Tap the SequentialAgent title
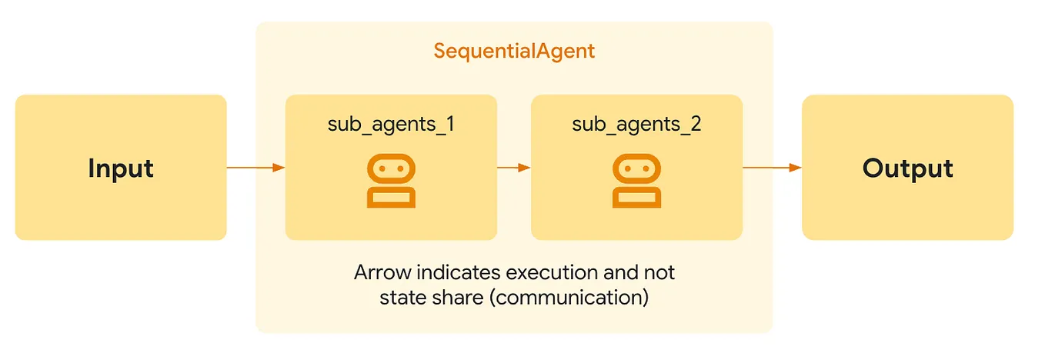[514, 52]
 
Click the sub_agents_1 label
[391, 125]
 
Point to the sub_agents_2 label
[636, 125]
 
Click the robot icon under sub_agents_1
[391, 181]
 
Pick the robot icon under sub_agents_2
[636, 181]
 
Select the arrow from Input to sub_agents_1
[255, 167]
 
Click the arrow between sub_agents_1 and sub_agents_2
[514, 167]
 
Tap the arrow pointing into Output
[772, 167]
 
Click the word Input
[121, 168]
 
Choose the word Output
[907, 168]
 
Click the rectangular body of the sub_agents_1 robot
[391, 198]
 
